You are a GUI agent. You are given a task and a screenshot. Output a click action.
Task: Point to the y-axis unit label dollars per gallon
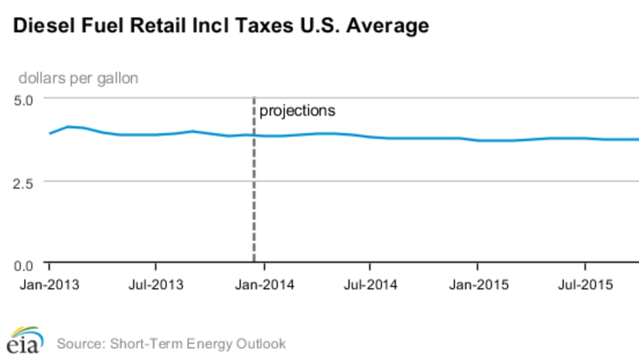(78, 78)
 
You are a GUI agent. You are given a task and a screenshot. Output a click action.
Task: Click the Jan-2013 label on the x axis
(49, 285)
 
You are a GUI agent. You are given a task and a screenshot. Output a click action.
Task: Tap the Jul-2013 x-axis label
(156, 285)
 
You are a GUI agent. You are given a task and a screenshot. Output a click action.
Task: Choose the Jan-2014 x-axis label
(263, 285)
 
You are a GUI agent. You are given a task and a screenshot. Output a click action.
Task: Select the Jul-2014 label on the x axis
(370, 285)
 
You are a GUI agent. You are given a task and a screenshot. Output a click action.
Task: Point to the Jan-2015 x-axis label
(477, 285)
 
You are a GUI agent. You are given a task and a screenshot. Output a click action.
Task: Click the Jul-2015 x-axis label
(585, 285)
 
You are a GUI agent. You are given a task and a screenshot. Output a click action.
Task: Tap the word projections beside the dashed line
(297, 111)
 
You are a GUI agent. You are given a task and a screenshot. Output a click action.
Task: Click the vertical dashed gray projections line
(254, 196)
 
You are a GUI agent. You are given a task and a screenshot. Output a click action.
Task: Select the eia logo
(25, 340)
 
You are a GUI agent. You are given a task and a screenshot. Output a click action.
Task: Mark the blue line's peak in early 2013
(68, 127)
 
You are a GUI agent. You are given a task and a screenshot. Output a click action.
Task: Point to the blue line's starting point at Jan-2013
(50, 133)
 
